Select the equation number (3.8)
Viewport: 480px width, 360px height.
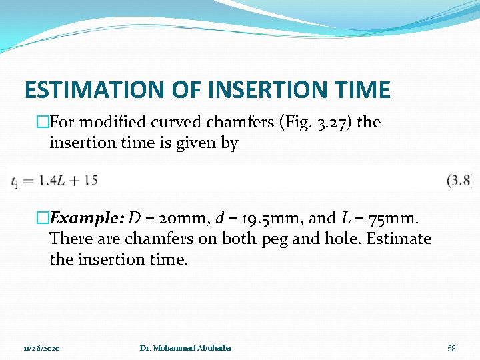point(459,180)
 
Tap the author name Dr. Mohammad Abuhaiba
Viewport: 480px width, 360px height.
point(186,348)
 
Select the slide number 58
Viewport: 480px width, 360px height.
point(451,348)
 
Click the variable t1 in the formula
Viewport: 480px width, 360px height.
point(14,181)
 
